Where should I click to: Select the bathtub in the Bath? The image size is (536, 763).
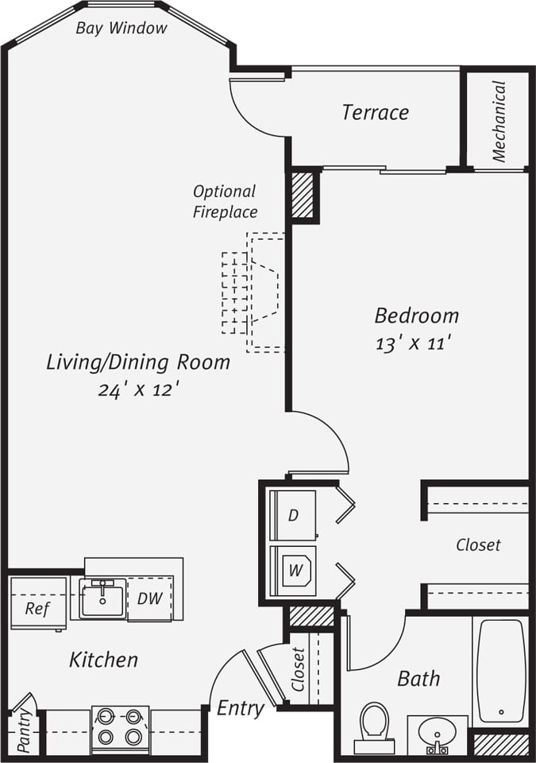tap(501, 670)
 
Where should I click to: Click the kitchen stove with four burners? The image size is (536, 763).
tap(120, 728)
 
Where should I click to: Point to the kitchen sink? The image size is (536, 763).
tap(102, 598)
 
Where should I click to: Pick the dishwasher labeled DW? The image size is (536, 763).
tap(149, 598)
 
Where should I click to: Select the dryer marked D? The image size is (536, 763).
tap(293, 515)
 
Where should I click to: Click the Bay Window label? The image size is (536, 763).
tap(121, 29)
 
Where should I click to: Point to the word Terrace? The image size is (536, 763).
tap(375, 112)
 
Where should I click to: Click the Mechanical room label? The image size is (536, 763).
tap(499, 121)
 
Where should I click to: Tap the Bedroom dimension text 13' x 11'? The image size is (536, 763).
tap(413, 344)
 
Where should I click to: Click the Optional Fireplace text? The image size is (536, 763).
tap(225, 201)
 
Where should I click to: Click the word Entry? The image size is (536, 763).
tap(240, 708)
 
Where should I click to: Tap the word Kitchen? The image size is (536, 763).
tap(103, 659)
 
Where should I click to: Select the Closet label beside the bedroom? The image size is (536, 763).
tap(478, 545)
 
